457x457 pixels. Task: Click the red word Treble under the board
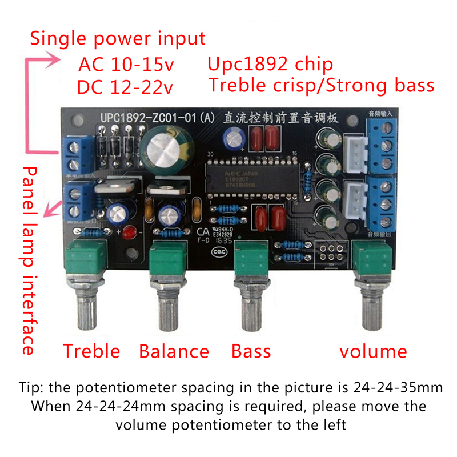[91, 350]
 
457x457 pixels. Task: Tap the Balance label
[174, 350]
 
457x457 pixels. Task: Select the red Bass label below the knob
[251, 350]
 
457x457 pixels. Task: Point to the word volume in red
[373, 350]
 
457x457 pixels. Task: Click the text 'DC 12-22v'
[126, 87]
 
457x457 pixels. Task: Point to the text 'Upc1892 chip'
[270, 63]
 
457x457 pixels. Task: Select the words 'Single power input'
[118, 38]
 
